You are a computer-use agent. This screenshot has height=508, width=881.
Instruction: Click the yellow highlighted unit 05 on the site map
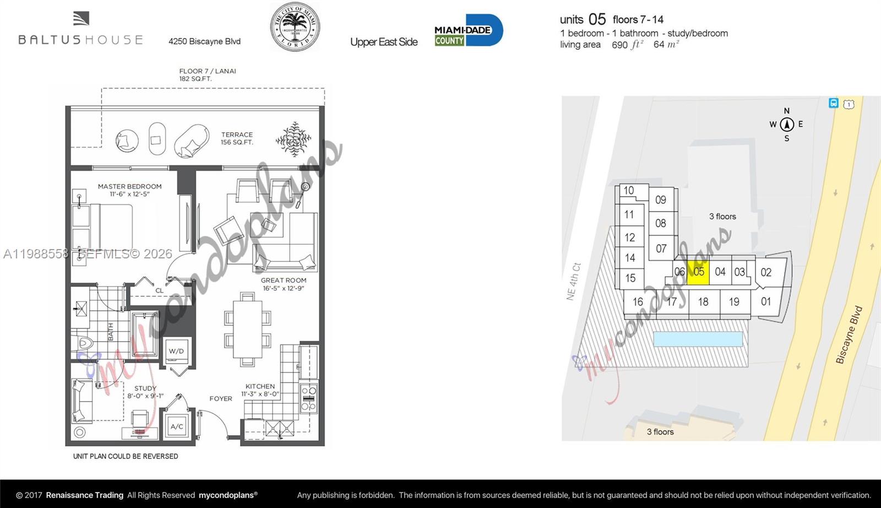698,272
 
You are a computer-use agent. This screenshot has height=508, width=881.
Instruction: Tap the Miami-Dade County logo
468,30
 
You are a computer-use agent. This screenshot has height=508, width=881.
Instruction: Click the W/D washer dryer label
176,351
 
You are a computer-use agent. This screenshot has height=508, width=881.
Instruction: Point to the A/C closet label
177,426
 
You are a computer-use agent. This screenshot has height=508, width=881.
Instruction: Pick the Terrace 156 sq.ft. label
237,138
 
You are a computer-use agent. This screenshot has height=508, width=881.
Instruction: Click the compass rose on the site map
786,125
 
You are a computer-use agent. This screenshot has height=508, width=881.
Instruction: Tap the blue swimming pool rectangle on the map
698,339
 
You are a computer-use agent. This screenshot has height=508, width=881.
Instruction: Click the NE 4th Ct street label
573,281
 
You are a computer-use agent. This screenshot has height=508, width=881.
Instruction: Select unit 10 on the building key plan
628,191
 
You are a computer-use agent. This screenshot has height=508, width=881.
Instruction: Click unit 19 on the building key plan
734,302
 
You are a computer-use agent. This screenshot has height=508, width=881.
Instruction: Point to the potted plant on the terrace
293,139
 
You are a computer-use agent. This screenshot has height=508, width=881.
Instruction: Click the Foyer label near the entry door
221,398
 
